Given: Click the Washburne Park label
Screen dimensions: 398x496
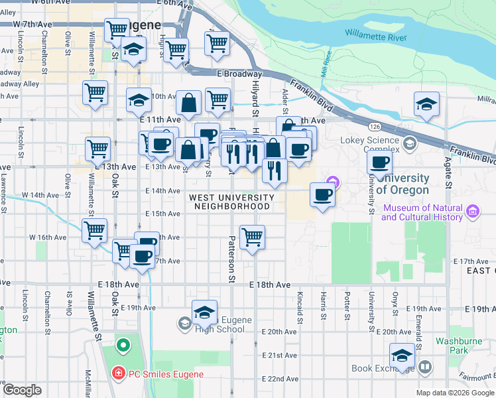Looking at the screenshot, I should point(453,345).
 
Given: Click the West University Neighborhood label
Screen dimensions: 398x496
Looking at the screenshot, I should point(231,202).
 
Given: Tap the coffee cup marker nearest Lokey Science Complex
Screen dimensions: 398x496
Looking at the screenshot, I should point(380,163).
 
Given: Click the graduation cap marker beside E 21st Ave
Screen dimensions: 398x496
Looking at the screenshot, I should point(401,356).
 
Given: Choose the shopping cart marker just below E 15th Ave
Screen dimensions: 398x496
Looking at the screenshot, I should point(251,237).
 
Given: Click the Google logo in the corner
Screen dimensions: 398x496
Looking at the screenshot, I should point(22,390).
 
